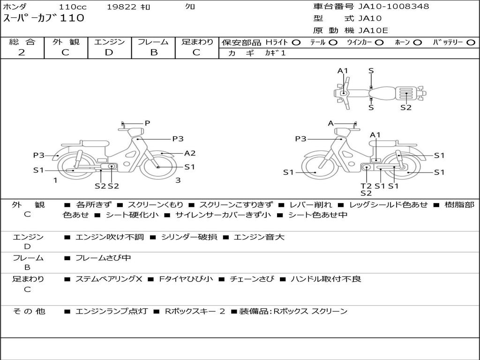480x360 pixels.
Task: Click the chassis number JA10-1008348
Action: click(x=394, y=6)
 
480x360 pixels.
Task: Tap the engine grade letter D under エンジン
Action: click(x=109, y=52)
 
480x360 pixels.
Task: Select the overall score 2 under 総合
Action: click(x=22, y=52)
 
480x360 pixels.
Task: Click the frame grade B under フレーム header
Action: click(x=154, y=52)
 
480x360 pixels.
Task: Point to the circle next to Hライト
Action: click(x=296, y=43)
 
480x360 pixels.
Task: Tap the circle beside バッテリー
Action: click(x=471, y=43)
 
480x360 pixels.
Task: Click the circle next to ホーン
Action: click(x=417, y=43)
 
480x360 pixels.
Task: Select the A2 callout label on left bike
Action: click(x=190, y=153)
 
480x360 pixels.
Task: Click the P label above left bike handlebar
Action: click(x=147, y=123)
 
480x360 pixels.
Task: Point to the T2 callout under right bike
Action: click(x=366, y=186)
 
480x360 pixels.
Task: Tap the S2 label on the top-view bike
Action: click(x=406, y=107)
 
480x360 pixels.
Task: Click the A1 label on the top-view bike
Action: click(x=343, y=71)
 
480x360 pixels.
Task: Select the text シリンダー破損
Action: click(x=189, y=237)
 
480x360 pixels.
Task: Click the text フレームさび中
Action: click(x=103, y=258)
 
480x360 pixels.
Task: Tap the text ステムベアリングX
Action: click(x=109, y=279)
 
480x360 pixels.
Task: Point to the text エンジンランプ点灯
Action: click(x=112, y=311)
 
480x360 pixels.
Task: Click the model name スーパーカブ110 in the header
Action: click(x=44, y=18)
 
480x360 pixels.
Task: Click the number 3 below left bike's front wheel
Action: click(x=178, y=180)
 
